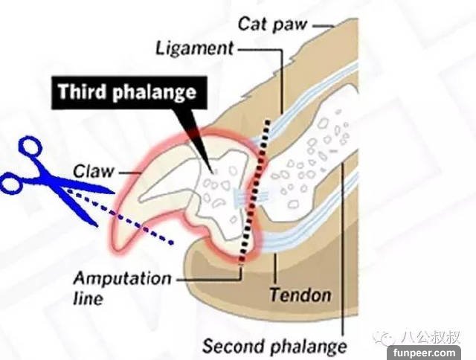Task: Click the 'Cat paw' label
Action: pos(273,23)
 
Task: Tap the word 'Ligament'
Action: pos(195,48)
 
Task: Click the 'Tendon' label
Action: pos(300,295)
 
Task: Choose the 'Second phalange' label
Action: pos(275,347)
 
